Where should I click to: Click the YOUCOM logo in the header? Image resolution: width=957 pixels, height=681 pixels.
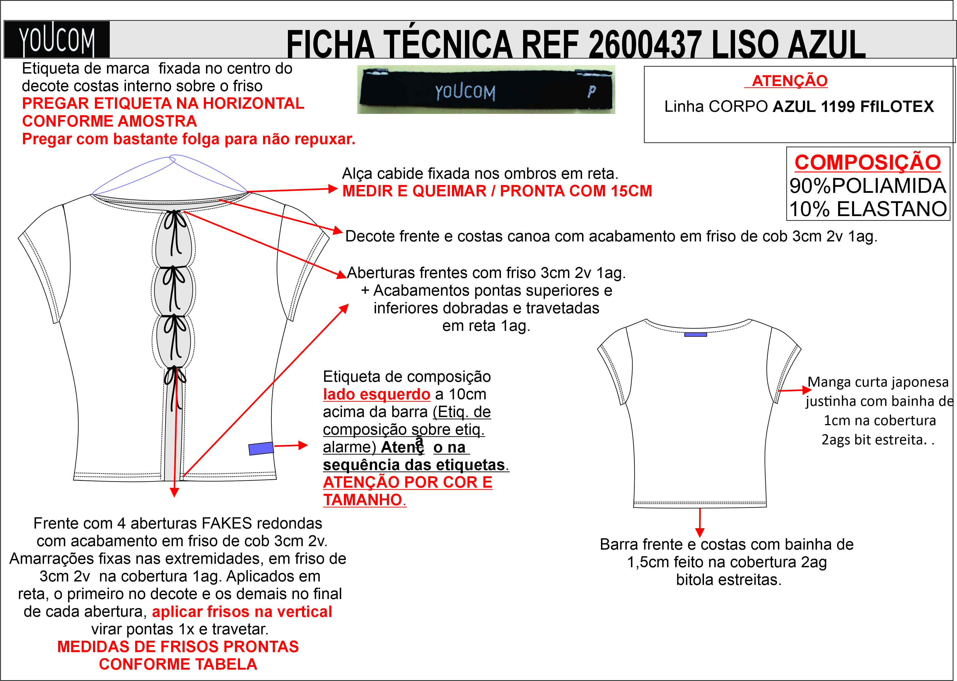[57, 39]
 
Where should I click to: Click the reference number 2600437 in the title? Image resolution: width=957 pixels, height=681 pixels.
[645, 44]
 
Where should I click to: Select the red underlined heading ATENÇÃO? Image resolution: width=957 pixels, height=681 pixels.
[789, 81]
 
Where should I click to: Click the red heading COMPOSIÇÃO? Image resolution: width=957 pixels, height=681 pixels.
[868, 162]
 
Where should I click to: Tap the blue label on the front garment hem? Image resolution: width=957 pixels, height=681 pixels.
[261, 448]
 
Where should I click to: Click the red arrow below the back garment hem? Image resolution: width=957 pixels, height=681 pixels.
[700, 523]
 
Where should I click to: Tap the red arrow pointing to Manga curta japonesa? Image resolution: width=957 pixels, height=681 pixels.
[795, 391]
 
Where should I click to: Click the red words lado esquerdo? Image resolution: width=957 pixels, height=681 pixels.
[376, 394]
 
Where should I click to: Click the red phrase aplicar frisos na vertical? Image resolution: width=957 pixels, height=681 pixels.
[242, 612]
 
